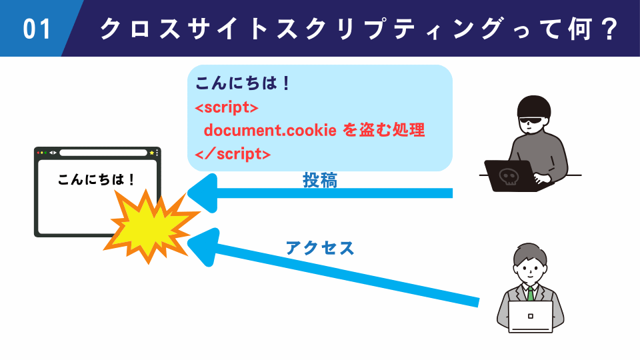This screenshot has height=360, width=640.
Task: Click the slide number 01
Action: (x=37, y=29)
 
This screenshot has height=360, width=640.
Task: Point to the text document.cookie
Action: (x=269, y=131)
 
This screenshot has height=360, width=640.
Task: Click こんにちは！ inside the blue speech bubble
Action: (x=243, y=85)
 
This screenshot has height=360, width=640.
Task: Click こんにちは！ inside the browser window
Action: (x=97, y=179)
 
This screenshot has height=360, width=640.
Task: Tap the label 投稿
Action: (x=320, y=180)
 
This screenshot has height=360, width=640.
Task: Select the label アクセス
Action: (x=320, y=248)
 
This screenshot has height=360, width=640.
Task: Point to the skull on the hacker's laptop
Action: (x=509, y=177)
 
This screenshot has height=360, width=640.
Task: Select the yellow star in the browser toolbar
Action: (x=152, y=153)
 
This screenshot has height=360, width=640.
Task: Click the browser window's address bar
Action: (x=103, y=153)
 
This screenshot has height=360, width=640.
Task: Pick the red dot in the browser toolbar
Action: (x=39, y=153)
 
